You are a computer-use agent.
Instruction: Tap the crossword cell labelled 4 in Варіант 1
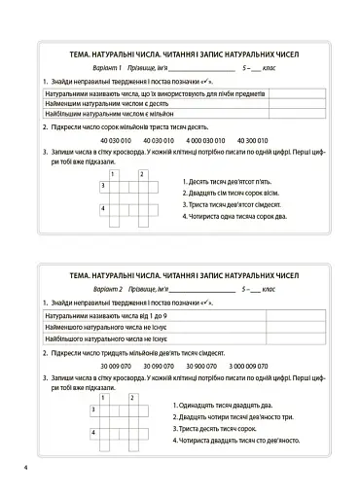[105, 210]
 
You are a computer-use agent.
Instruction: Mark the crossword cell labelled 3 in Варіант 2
[95, 410]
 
